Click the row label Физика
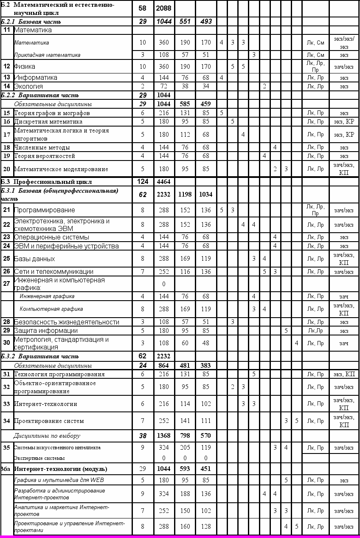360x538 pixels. coord(25,67)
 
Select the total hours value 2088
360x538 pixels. coord(163,9)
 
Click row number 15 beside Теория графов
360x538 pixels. coord(7,113)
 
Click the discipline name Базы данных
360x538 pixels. coord(34,259)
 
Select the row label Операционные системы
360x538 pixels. coord(51,237)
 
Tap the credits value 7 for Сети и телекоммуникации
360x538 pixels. coord(143,271)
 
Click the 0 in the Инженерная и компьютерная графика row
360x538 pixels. coord(163,284)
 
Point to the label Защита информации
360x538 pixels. coord(46,330)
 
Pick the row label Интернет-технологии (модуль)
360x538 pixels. coord(61,469)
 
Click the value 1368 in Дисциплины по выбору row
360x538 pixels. coord(163,436)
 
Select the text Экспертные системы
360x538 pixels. coord(39,458)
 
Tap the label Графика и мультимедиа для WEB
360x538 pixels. coord(59,480)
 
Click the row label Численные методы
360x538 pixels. coord(42,147)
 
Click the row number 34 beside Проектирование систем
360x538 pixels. coord(7,421)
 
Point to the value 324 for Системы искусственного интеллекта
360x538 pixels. coord(163,447)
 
